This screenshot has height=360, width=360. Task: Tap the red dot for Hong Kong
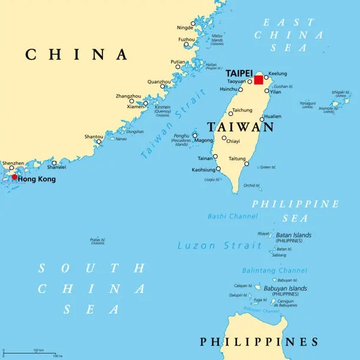point(15,176)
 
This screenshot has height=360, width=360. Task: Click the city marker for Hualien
point(262,119)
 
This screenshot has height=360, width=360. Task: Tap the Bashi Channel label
point(232,216)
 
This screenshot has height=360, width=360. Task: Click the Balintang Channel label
point(274,271)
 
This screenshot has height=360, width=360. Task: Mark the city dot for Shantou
point(99,141)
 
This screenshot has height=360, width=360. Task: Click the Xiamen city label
point(135,106)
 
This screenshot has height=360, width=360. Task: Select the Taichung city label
point(242,110)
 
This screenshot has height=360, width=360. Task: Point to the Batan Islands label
point(294,235)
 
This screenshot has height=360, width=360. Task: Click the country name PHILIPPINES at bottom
point(259,342)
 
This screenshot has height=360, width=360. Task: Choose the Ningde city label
point(185,28)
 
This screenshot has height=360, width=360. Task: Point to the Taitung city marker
point(246,164)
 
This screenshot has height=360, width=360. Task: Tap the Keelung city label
point(278,74)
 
